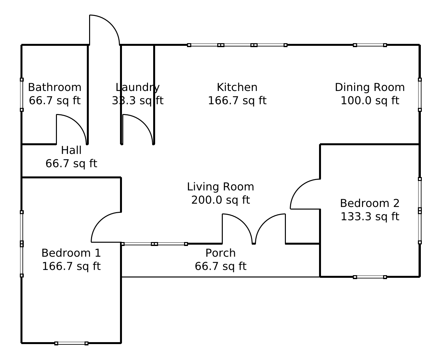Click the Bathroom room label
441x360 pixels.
coord(55,87)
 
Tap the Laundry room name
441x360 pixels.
coord(138,87)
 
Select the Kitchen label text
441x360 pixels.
coord(237,87)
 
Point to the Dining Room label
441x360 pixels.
coord(370,87)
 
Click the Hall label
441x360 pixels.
coord(71,150)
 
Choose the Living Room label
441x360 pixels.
coord(220,186)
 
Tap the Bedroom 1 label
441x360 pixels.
coord(71,253)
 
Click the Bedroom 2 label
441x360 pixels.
coord(370,203)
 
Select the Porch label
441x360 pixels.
coord(220,253)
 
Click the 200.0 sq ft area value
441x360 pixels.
coord(220,200)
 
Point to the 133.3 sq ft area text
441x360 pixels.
coord(370,216)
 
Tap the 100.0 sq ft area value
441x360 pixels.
coord(370,100)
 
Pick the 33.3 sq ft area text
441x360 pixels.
coord(138,100)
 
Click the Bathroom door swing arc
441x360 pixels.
coord(78,123)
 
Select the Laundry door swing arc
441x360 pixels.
coord(144,123)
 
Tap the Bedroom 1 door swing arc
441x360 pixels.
coord(100,221)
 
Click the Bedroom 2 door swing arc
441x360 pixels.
coord(299,188)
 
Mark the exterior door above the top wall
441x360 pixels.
coord(111,24)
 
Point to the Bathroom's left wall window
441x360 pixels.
coord(21,95)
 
